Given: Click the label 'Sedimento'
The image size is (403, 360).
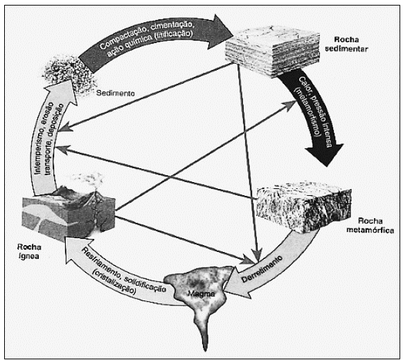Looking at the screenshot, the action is point(116,93).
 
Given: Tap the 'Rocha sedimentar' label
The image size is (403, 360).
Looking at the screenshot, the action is point(346,44).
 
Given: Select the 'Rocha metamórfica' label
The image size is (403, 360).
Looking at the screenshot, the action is point(370,226).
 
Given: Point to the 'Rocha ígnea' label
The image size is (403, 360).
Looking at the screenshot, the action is point(29,251).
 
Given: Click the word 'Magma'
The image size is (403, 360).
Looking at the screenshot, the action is point(201,293).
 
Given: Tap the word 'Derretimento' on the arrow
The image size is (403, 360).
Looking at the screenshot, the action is point(262,269).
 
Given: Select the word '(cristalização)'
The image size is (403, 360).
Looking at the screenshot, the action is point(114,282).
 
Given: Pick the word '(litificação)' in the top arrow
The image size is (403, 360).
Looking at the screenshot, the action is point(174,36).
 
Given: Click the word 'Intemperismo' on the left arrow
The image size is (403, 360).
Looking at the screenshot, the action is point(40,151).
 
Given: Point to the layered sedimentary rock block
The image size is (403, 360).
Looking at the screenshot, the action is point(272,51).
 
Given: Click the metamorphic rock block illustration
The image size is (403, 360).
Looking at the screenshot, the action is point(304,208).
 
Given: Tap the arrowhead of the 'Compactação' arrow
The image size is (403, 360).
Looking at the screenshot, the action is point(221,32).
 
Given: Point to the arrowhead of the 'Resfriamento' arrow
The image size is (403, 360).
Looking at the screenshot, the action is point(75,249).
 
